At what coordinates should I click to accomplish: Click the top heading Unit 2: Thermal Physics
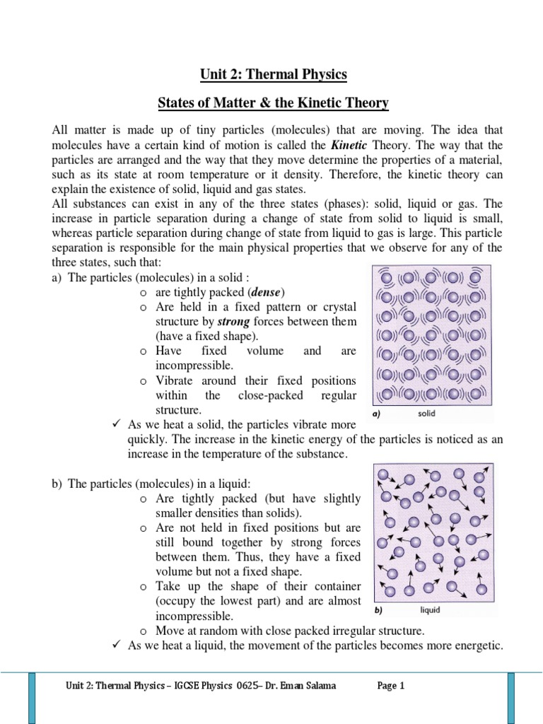pos(271,74)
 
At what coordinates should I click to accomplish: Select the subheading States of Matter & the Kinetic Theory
pos(272,104)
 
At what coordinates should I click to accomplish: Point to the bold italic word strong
pos(233,322)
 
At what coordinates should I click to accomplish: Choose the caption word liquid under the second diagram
pos(431,609)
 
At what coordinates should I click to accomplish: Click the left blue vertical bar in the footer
pos(32,696)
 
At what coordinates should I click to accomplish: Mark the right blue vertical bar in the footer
pos(510,696)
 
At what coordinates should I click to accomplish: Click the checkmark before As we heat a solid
pos(117,424)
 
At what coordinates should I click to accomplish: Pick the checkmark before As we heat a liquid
pos(117,644)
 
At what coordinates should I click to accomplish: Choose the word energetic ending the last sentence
pos(478,644)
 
